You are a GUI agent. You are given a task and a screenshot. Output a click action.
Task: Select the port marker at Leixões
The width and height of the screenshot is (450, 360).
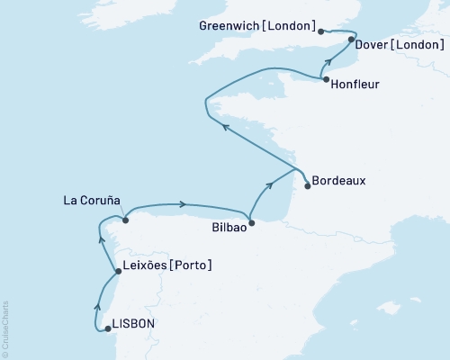(x=118, y=271)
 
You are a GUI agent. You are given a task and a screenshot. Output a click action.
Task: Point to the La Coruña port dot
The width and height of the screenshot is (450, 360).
(x=126, y=219)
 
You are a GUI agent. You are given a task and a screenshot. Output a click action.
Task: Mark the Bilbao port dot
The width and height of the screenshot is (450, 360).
(x=251, y=222)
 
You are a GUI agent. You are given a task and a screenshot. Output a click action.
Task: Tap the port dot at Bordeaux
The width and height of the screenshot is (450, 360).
(x=308, y=186)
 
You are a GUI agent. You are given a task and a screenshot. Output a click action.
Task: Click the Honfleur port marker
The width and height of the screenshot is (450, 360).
(x=326, y=80)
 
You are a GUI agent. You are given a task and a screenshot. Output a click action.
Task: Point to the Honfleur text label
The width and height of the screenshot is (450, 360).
(x=356, y=86)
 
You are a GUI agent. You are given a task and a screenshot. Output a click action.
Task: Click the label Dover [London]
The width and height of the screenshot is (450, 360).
(x=396, y=42)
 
